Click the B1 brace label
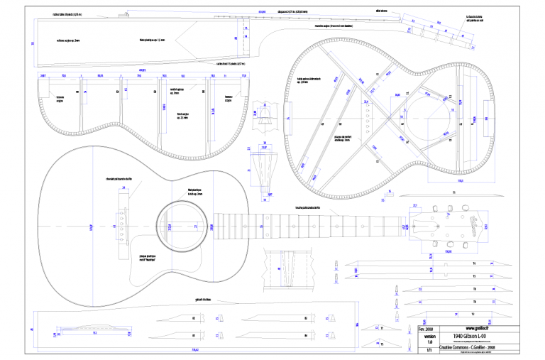194,318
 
